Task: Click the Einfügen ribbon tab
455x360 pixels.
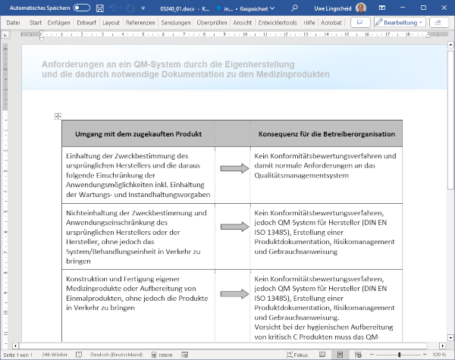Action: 58,23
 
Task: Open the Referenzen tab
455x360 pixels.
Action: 140,23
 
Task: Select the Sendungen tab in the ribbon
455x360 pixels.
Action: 176,23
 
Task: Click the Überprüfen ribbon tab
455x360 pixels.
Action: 212,23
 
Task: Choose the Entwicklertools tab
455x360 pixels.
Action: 278,23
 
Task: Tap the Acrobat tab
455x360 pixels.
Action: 331,23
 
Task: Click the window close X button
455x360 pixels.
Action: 441,7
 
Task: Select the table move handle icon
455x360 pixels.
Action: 58,116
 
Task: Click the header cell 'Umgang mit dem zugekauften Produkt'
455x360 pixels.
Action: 138,134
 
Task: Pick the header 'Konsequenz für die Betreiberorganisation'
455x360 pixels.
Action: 326,134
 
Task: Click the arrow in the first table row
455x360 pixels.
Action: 234,169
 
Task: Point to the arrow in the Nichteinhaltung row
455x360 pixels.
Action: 234,227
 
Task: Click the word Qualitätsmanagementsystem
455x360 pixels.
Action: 302,175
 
